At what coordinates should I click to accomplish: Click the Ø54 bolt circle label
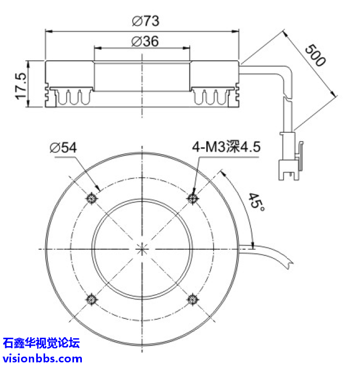click(62, 148)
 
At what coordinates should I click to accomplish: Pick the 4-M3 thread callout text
click(226, 147)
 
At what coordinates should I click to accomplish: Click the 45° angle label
click(257, 201)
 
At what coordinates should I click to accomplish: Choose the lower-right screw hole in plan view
click(193, 299)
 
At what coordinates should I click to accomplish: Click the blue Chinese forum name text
click(41, 343)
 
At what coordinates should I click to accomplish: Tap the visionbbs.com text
click(42, 358)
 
